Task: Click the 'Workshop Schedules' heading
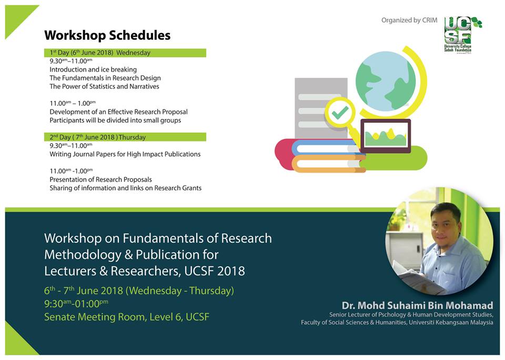pyautogui.click(x=107, y=35)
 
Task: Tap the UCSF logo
pyautogui.click(x=461, y=35)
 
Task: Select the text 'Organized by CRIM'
pyautogui.click(x=409, y=21)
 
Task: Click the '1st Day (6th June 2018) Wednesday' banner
pyautogui.click(x=125, y=53)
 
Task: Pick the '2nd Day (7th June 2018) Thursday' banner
pyautogui.click(x=125, y=137)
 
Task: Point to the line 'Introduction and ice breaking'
pyautogui.click(x=93, y=69)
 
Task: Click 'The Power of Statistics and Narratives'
pyautogui.click(x=104, y=86)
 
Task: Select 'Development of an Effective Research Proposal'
pyautogui.click(x=118, y=112)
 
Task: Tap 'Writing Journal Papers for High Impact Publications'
pyautogui.click(x=125, y=154)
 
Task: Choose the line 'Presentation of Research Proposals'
pyautogui.click(x=100, y=179)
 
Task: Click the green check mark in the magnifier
pyautogui.click(x=340, y=113)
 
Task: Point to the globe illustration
pyautogui.click(x=386, y=81)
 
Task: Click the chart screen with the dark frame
pyautogui.click(x=386, y=136)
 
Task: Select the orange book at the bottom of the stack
pyautogui.click(x=328, y=164)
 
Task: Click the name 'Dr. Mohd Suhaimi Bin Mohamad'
pyautogui.click(x=417, y=306)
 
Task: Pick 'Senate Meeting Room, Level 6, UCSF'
pyautogui.click(x=127, y=317)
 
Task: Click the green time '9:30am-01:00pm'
pyautogui.click(x=76, y=304)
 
